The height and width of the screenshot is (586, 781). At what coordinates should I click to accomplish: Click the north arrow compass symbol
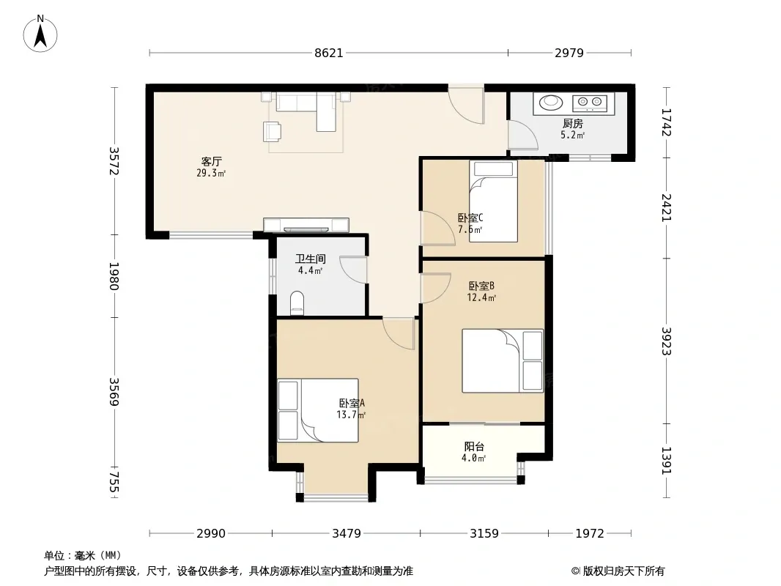[40, 34]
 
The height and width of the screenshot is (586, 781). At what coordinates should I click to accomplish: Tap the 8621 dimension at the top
[329, 53]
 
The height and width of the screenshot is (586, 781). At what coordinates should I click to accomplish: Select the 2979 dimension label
[569, 53]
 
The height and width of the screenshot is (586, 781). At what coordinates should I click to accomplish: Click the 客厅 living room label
[211, 161]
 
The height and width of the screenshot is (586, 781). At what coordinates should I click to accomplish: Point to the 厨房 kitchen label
[573, 123]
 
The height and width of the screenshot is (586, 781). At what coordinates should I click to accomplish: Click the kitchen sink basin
[551, 102]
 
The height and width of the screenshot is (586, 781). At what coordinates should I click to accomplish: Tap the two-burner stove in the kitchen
[590, 103]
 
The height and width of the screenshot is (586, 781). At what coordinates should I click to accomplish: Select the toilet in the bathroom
[297, 303]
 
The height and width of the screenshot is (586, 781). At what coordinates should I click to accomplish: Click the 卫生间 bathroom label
[311, 259]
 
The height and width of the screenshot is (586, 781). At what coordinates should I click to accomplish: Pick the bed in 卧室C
[493, 201]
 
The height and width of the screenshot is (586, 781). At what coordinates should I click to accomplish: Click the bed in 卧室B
[503, 360]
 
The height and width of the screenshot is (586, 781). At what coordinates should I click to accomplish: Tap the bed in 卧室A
[318, 410]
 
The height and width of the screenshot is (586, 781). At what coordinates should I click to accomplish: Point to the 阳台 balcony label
[474, 447]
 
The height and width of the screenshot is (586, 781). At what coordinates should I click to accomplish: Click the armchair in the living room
[272, 131]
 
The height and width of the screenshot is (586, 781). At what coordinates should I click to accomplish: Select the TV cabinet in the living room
[306, 225]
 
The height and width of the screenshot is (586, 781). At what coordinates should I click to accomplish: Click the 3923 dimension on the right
[667, 341]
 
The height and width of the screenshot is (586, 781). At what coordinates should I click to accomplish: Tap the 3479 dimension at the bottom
[347, 534]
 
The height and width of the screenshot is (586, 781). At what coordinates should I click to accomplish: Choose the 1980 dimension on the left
[114, 276]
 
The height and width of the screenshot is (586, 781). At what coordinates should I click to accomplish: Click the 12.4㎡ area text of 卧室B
[481, 297]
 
